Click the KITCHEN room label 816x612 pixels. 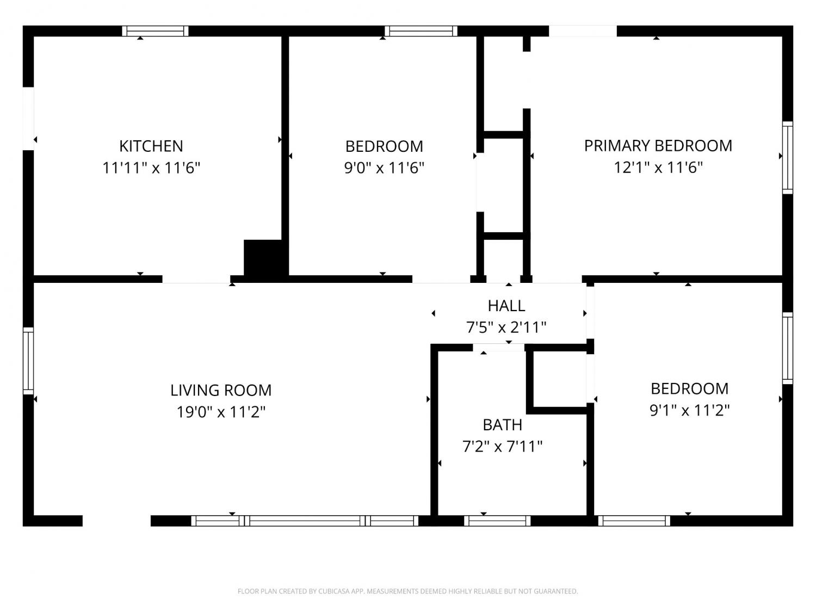[x=151, y=146]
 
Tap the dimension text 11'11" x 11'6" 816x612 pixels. [x=151, y=168]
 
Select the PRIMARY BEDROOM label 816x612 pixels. [x=658, y=146]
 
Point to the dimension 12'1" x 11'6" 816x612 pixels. [x=658, y=167]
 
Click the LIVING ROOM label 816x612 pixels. [x=221, y=390]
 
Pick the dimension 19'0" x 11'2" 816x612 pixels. [x=221, y=412]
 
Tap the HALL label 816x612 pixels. [x=506, y=306]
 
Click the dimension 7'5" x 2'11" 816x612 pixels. [x=506, y=327]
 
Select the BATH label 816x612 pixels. [x=502, y=425]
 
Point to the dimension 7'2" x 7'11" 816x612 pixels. [x=502, y=446]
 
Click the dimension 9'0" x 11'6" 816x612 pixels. [x=384, y=168]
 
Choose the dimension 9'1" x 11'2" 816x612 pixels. [x=690, y=410]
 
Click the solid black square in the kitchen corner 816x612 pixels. [x=265, y=258]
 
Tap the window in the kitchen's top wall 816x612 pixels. [x=155, y=31]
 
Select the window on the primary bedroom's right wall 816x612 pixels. [x=788, y=158]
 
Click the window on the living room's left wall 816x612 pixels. [x=28, y=361]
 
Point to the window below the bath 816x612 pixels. [x=497, y=521]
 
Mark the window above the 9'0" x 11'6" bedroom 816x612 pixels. [x=421, y=31]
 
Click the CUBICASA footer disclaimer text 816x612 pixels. [x=408, y=591]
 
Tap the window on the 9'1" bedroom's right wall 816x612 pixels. [x=788, y=348]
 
